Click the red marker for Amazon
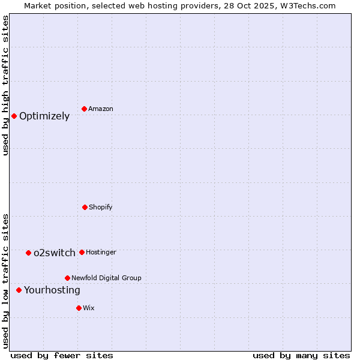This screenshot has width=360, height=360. point(85,109)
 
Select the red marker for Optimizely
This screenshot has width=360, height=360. point(14,116)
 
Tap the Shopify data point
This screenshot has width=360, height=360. point(85,207)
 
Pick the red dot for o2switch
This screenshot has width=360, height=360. point(28,253)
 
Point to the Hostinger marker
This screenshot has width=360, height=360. point(82,252)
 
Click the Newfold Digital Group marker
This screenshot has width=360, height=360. point(67,278)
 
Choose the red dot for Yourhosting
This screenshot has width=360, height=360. point(19,290)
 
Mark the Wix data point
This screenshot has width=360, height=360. point(79,308)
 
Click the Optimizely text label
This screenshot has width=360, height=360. point(44,116)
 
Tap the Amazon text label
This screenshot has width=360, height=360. point(101,109)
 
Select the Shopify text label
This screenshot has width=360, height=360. point(101,208)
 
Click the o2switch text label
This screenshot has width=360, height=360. point(55,253)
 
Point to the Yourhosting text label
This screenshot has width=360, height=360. point(52,290)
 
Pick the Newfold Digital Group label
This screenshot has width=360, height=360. point(106,278)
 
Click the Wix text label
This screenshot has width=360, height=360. point(89,308)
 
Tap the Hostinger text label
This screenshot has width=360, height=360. point(101,253)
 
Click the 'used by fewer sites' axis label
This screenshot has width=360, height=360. point(62,356)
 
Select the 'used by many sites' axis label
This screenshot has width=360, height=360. point(301,356)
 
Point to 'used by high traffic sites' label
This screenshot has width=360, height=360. point(6,85)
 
